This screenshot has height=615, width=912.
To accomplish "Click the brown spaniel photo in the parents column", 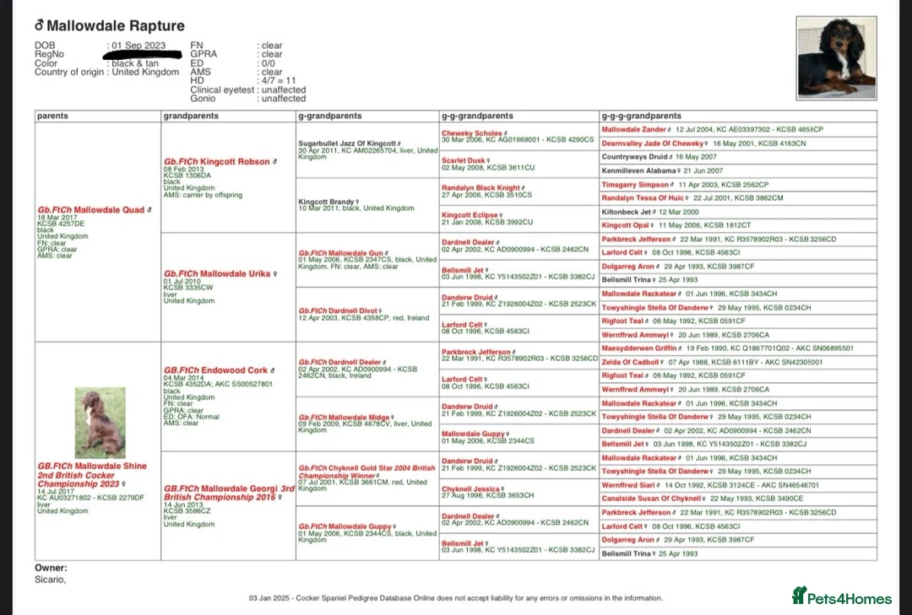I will (x=100, y=423).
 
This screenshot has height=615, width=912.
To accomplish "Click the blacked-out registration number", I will (x=144, y=55).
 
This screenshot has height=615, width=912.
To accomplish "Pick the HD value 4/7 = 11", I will (x=278, y=81).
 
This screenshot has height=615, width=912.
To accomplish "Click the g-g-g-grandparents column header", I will (x=641, y=116).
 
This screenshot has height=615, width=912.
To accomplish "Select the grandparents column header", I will (x=191, y=116).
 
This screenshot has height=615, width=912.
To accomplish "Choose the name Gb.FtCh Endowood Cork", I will (x=215, y=370).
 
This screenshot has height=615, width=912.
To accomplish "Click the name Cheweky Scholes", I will (x=471, y=133).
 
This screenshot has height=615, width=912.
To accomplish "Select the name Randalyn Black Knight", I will (x=480, y=188).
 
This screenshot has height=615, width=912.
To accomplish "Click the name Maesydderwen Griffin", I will (x=638, y=348).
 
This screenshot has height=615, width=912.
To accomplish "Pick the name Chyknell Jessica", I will (x=470, y=489).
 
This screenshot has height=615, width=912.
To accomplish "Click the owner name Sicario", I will (x=49, y=580).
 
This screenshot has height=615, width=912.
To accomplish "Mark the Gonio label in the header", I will (x=203, y=99).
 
